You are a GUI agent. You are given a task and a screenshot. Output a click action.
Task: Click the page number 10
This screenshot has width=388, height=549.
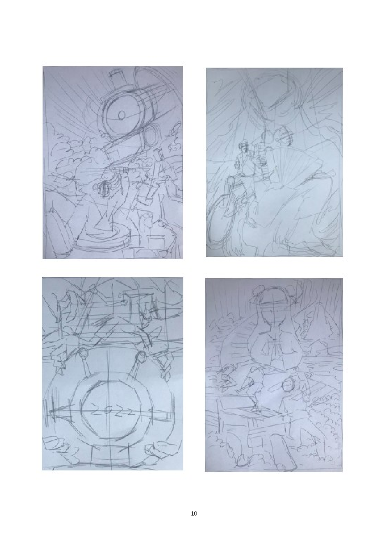click(194, 513)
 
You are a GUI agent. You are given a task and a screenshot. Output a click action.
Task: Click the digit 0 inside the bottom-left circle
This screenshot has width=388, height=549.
click(106, 411)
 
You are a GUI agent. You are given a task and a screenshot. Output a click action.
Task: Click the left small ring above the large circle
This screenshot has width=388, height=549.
click(84, 354)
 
